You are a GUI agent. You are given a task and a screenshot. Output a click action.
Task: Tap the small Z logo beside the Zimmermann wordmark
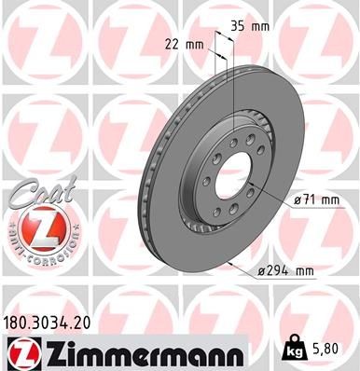(20, 352)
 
